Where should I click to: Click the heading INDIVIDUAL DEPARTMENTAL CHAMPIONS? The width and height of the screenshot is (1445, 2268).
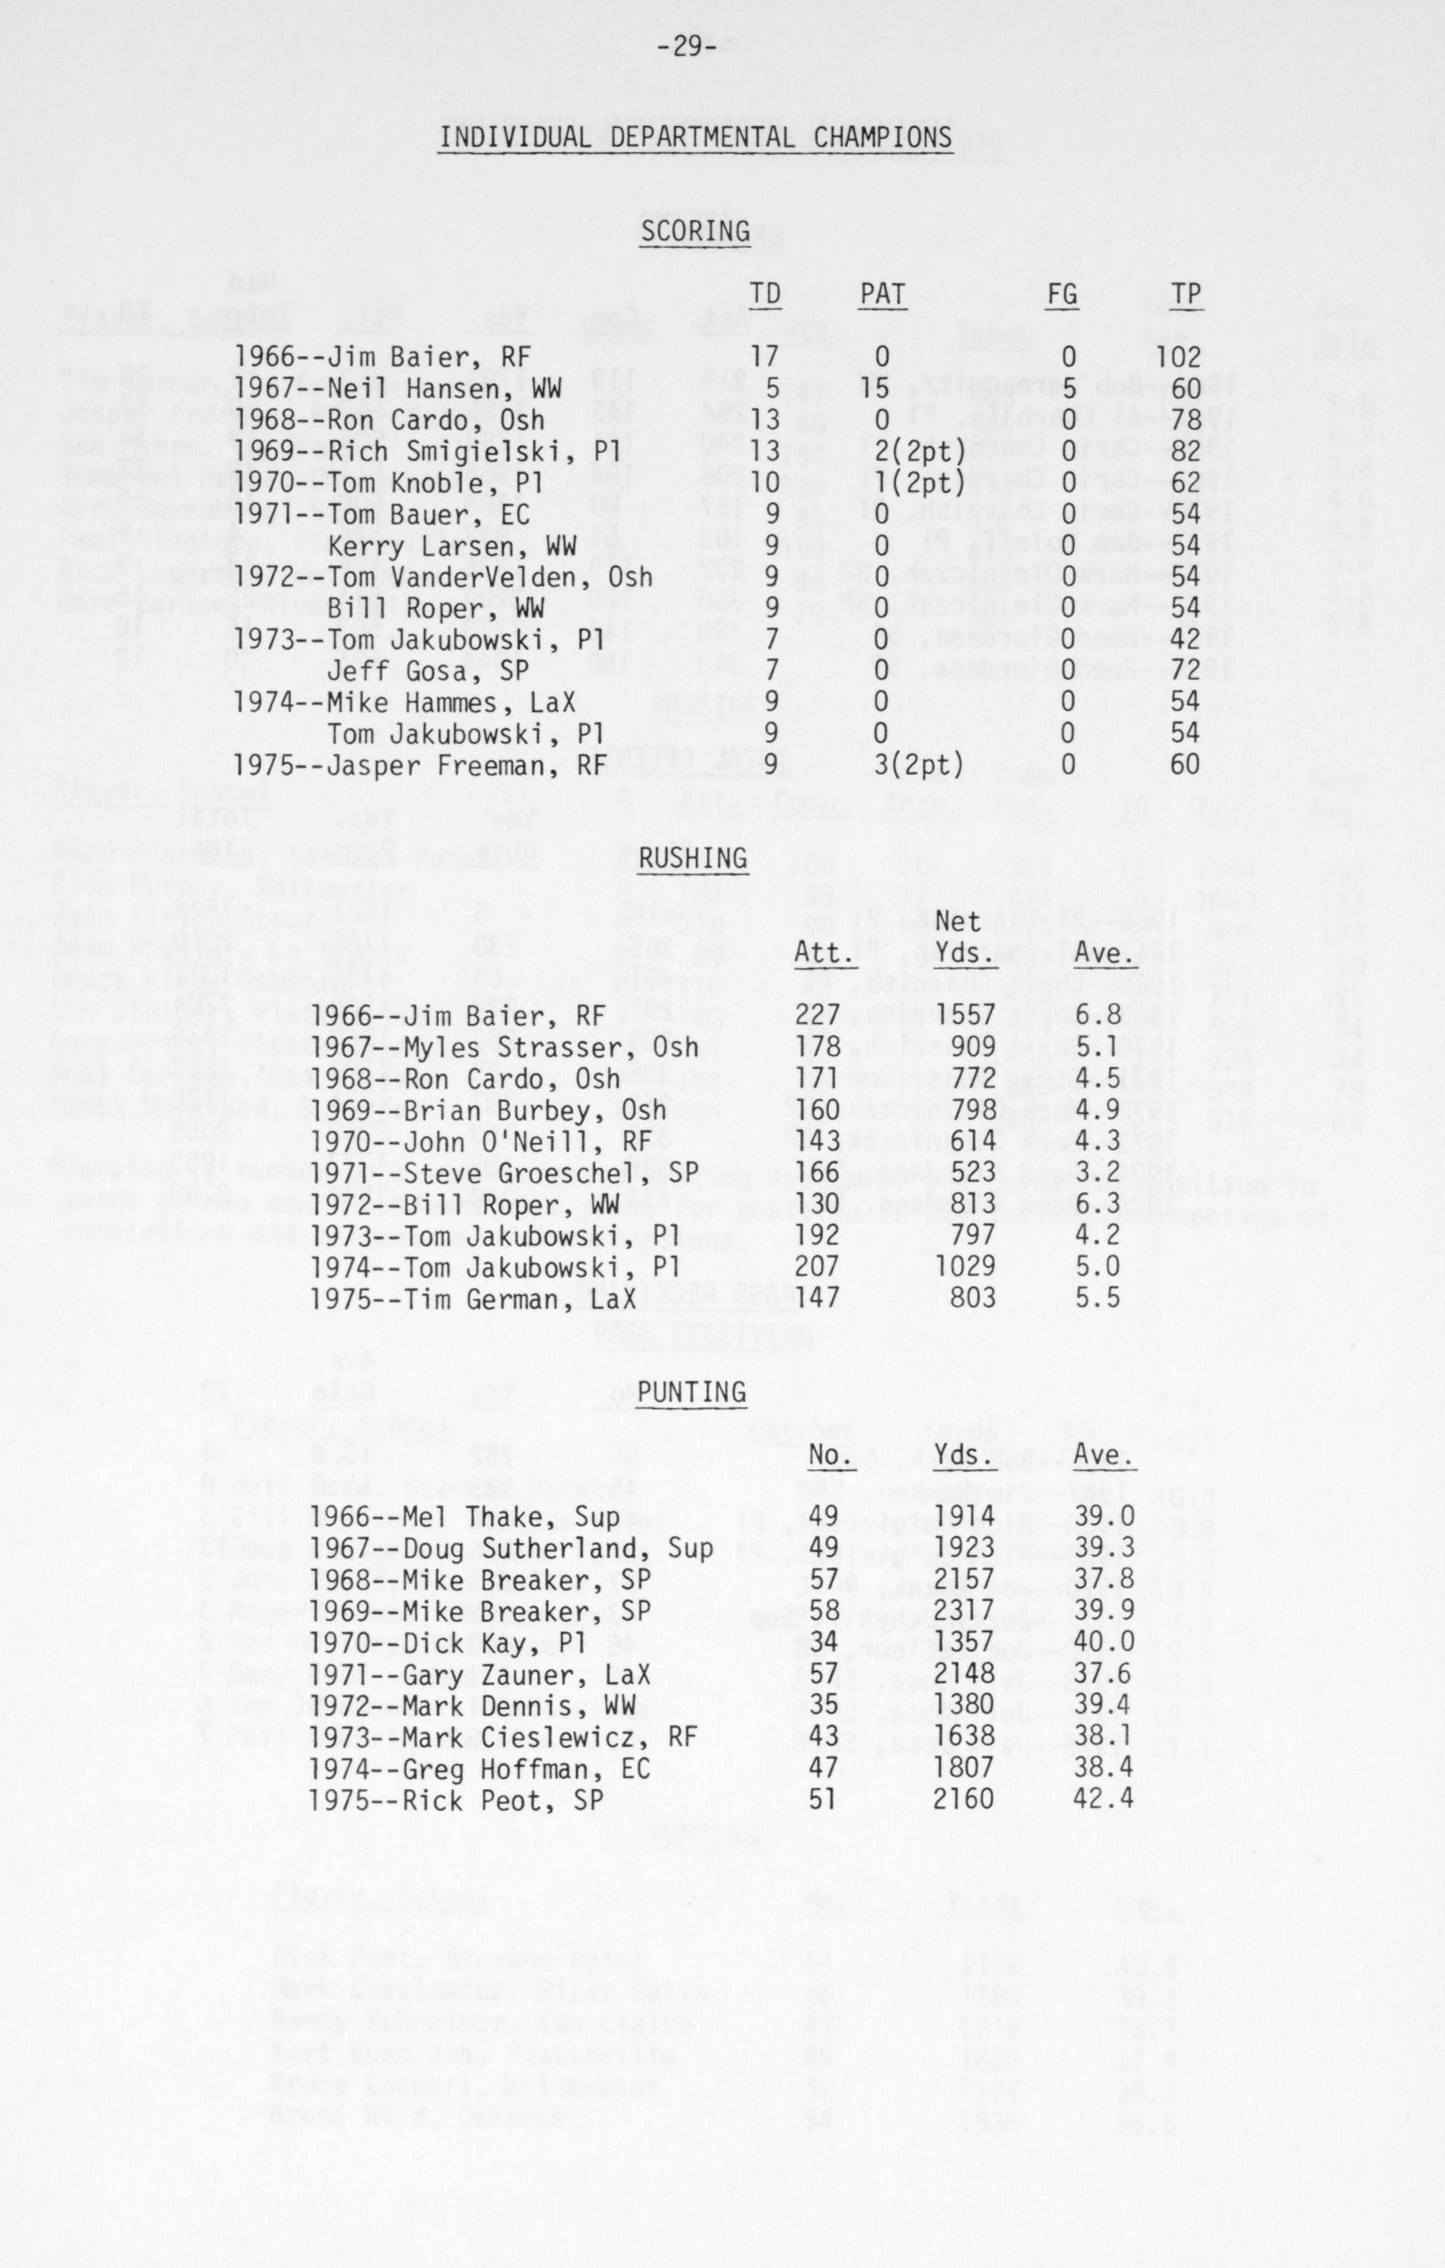(695, 138)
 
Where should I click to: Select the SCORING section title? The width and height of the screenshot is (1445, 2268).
(695, 231)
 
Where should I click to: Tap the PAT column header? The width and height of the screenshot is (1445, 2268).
(882, 294)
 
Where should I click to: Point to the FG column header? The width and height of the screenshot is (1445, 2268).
(1062, 294)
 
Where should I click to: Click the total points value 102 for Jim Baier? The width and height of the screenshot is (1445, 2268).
(1178, 358)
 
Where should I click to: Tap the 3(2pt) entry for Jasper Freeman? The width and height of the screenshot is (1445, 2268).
(919, 763)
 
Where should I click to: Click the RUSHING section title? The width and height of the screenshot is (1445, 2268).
(692, 857)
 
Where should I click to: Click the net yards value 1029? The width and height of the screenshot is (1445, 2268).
(963, 1266)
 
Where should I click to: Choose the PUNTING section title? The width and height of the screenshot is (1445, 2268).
(691, 1391)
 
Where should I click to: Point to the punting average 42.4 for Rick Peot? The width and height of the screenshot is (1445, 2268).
(1103, 1799)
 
